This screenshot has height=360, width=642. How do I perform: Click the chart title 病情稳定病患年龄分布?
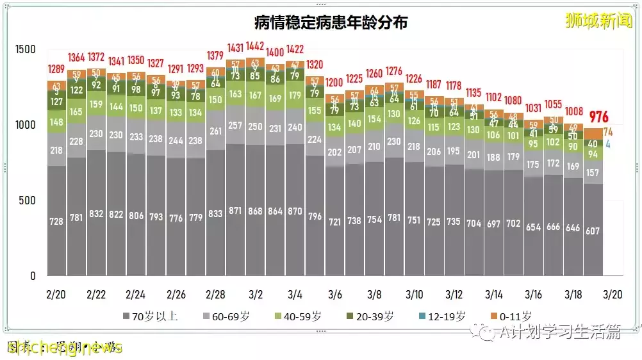331,22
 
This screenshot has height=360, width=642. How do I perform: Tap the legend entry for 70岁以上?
148,316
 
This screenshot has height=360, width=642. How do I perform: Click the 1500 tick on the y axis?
26,49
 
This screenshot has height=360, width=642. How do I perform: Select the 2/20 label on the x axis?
56,294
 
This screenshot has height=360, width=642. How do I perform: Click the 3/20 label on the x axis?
613,294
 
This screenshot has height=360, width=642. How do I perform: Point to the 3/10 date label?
414,294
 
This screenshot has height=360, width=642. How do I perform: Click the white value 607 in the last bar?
593,231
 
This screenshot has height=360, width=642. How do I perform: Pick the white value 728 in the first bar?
57,221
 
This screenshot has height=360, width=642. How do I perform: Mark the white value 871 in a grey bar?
236,210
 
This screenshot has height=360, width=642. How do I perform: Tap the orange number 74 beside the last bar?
607,132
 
